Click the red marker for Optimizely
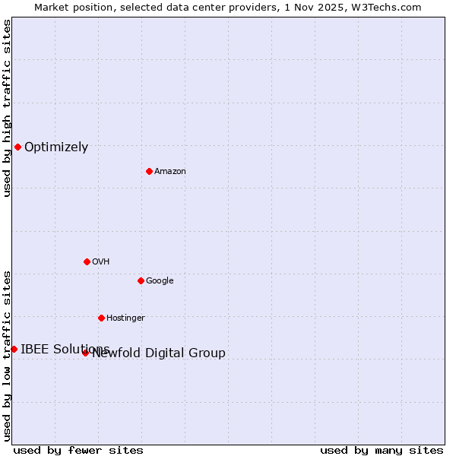tap(17, 147)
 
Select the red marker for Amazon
tap(149, 171)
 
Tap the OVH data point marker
tap(87, 261)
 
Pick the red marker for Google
tap(141, 280)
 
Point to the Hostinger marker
tap(101, 318)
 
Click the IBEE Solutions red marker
tap(14, 349)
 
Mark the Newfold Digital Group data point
tap(85, 353)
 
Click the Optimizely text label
tap(56, 147)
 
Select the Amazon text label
tap(170, 172)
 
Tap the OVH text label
tap(101, 262)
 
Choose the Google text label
tap(160, 281)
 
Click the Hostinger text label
tap(125, 318)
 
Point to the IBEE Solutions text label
tap(65, 350)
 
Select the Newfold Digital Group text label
tap(159, 353)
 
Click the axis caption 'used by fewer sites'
tap(78, 450)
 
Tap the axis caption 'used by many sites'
tap(382, 450)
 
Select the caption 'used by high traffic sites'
tap(7, 108)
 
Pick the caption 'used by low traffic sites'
tap(7, 355)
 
